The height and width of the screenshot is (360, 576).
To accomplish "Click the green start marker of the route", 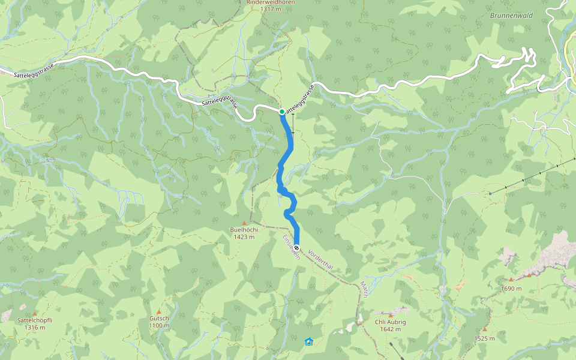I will coord(282,111).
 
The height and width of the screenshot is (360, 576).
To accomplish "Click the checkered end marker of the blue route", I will coord(296,247).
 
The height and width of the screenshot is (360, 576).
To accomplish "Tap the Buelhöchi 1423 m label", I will coord(244,233).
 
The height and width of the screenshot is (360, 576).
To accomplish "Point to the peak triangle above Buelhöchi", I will coord(244,223).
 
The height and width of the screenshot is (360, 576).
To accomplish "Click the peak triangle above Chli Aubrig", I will coord(391,316).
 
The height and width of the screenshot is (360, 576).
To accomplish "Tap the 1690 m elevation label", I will coord(511,289).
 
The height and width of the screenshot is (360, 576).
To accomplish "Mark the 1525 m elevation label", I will coord(484,338).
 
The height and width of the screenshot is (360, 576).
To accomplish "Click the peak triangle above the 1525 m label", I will coord(484,329).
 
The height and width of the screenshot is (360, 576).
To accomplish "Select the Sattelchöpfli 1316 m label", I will coord(35,324).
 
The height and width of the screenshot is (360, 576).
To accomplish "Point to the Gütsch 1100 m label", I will coord(159,322).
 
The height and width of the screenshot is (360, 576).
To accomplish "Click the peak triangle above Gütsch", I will coord(159,312).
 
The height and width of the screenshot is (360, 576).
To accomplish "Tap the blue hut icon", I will coord(308,342).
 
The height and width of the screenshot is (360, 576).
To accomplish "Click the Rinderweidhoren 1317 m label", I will coord(271,5).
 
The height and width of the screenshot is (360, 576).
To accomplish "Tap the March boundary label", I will coord(364,289).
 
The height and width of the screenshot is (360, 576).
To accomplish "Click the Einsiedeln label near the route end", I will coord(290,247).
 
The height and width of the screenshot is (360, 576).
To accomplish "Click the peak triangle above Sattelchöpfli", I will coord(35,314).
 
